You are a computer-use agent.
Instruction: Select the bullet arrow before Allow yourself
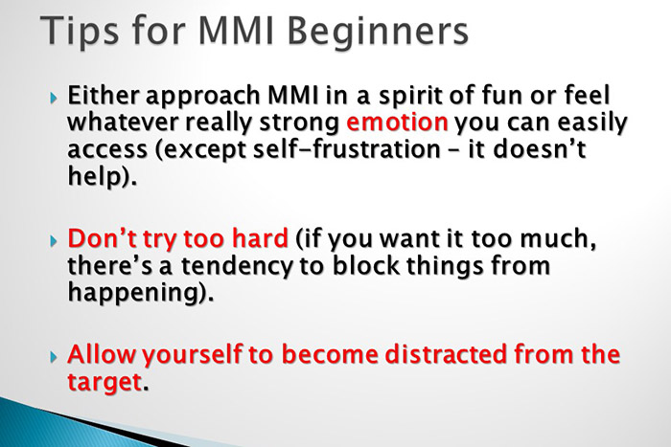click(x=53, y=355)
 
